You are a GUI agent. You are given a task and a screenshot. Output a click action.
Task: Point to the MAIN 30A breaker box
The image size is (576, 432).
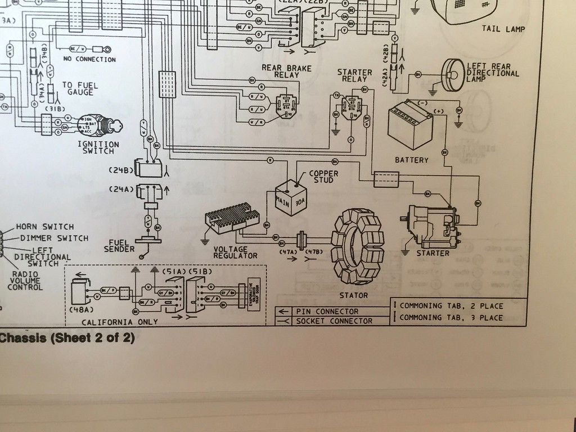290,197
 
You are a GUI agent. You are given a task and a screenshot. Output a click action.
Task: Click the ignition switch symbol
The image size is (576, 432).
98,125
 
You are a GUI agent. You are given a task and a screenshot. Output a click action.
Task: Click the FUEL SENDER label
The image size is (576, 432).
119,246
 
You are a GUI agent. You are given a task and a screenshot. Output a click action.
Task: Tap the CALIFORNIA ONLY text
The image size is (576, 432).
120,322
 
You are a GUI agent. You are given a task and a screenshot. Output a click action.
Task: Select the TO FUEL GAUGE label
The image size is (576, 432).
80,88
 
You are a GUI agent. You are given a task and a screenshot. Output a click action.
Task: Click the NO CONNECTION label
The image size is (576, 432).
90,59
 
